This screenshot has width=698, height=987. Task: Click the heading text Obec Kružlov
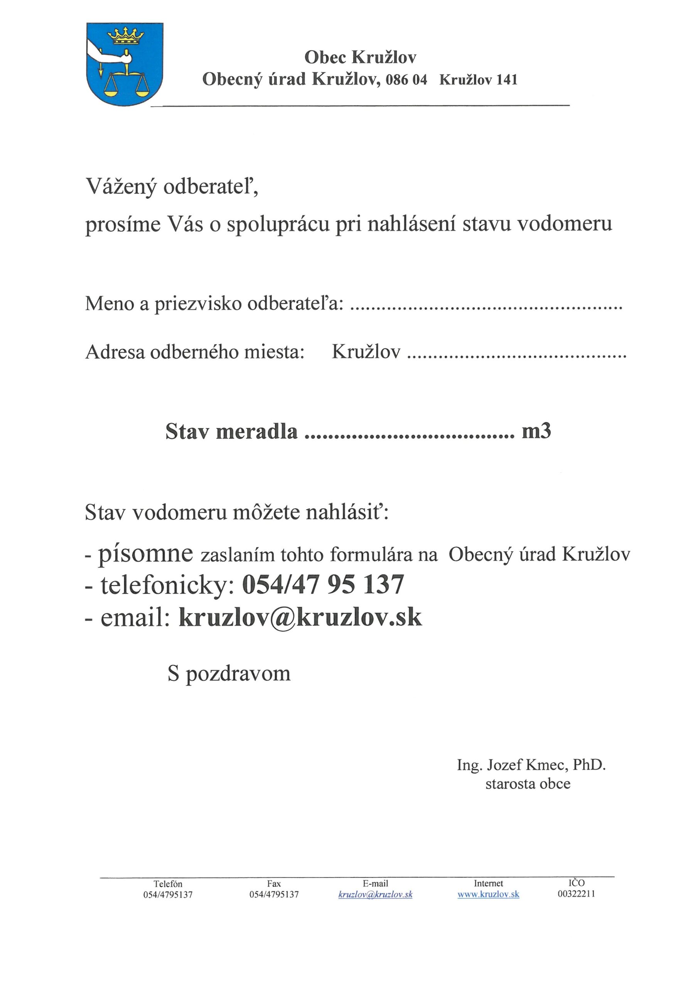(x=361, y=57)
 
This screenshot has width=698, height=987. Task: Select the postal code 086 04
(x=406, y=80)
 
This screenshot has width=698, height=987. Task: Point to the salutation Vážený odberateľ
(x=172, y=187)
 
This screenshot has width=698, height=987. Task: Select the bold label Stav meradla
(x=231, y=431)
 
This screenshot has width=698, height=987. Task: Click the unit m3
(x=536, y=431)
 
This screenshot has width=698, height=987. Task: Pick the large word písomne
(x=145, y=553)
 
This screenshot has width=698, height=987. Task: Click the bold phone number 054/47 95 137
(x=324, y=584)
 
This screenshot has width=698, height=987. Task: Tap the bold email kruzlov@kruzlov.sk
(x=300, y=617)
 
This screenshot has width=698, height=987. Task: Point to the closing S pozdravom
(x=229, y=674)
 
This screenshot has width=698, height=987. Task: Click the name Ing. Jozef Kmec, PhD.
(x=531, y=765)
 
